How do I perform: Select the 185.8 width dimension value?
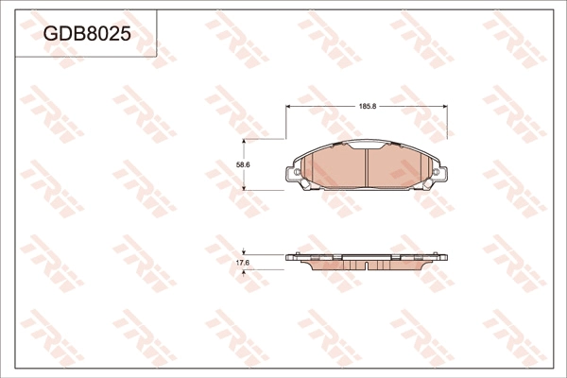click(x=368, y=107)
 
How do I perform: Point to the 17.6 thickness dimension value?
click(x=242, y=262)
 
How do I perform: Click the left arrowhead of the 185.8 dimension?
click(x=289, y=107)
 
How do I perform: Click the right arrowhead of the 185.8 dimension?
click(x=444, y=107)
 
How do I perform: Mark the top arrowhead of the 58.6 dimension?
click(x=245, y=142)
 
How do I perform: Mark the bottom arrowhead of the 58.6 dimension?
click(x=245, y=187)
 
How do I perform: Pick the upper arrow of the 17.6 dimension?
click(x=245, y=251)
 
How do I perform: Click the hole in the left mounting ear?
click(x=297, y=173)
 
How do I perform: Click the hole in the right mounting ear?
click(x=436, y=173)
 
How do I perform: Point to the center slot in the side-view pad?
click(x=367, y=261)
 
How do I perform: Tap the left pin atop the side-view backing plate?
click(x=298, y=252)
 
